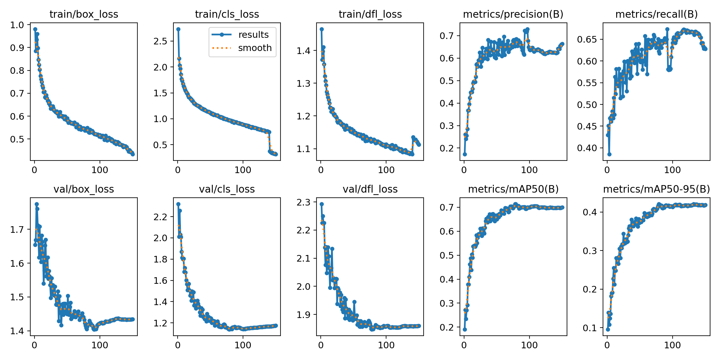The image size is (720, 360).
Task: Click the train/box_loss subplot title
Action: tap(84, 14)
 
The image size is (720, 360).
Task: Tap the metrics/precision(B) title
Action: tap(513, 14)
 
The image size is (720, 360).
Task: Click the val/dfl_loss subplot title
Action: tap(370, 189)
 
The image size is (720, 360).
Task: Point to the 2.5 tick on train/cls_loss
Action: tap(160, 41)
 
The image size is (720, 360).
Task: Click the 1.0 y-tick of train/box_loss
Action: tap(17, 25)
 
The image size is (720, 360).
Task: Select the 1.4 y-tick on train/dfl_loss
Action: tap(303, 51)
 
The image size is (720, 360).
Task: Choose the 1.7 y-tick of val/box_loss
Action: tap(17, 230)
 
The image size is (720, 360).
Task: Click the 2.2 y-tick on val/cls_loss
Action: tap(160, 217)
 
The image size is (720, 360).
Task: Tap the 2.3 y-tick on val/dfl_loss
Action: tap(303, 202)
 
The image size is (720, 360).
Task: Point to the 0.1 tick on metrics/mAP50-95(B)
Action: tap(590, 328)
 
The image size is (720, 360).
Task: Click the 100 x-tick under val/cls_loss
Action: tap(243, 345)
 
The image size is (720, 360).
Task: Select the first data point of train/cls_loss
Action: tap(178, 29)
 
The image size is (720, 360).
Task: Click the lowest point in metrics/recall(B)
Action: tap(609, 154)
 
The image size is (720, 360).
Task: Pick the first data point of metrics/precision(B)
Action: tap(465, 154)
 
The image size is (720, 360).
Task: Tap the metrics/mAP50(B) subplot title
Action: tap(513, 189)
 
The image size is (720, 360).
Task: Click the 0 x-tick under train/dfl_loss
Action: tap(321, 170)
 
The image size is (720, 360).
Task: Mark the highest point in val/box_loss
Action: tap(37, 204)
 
